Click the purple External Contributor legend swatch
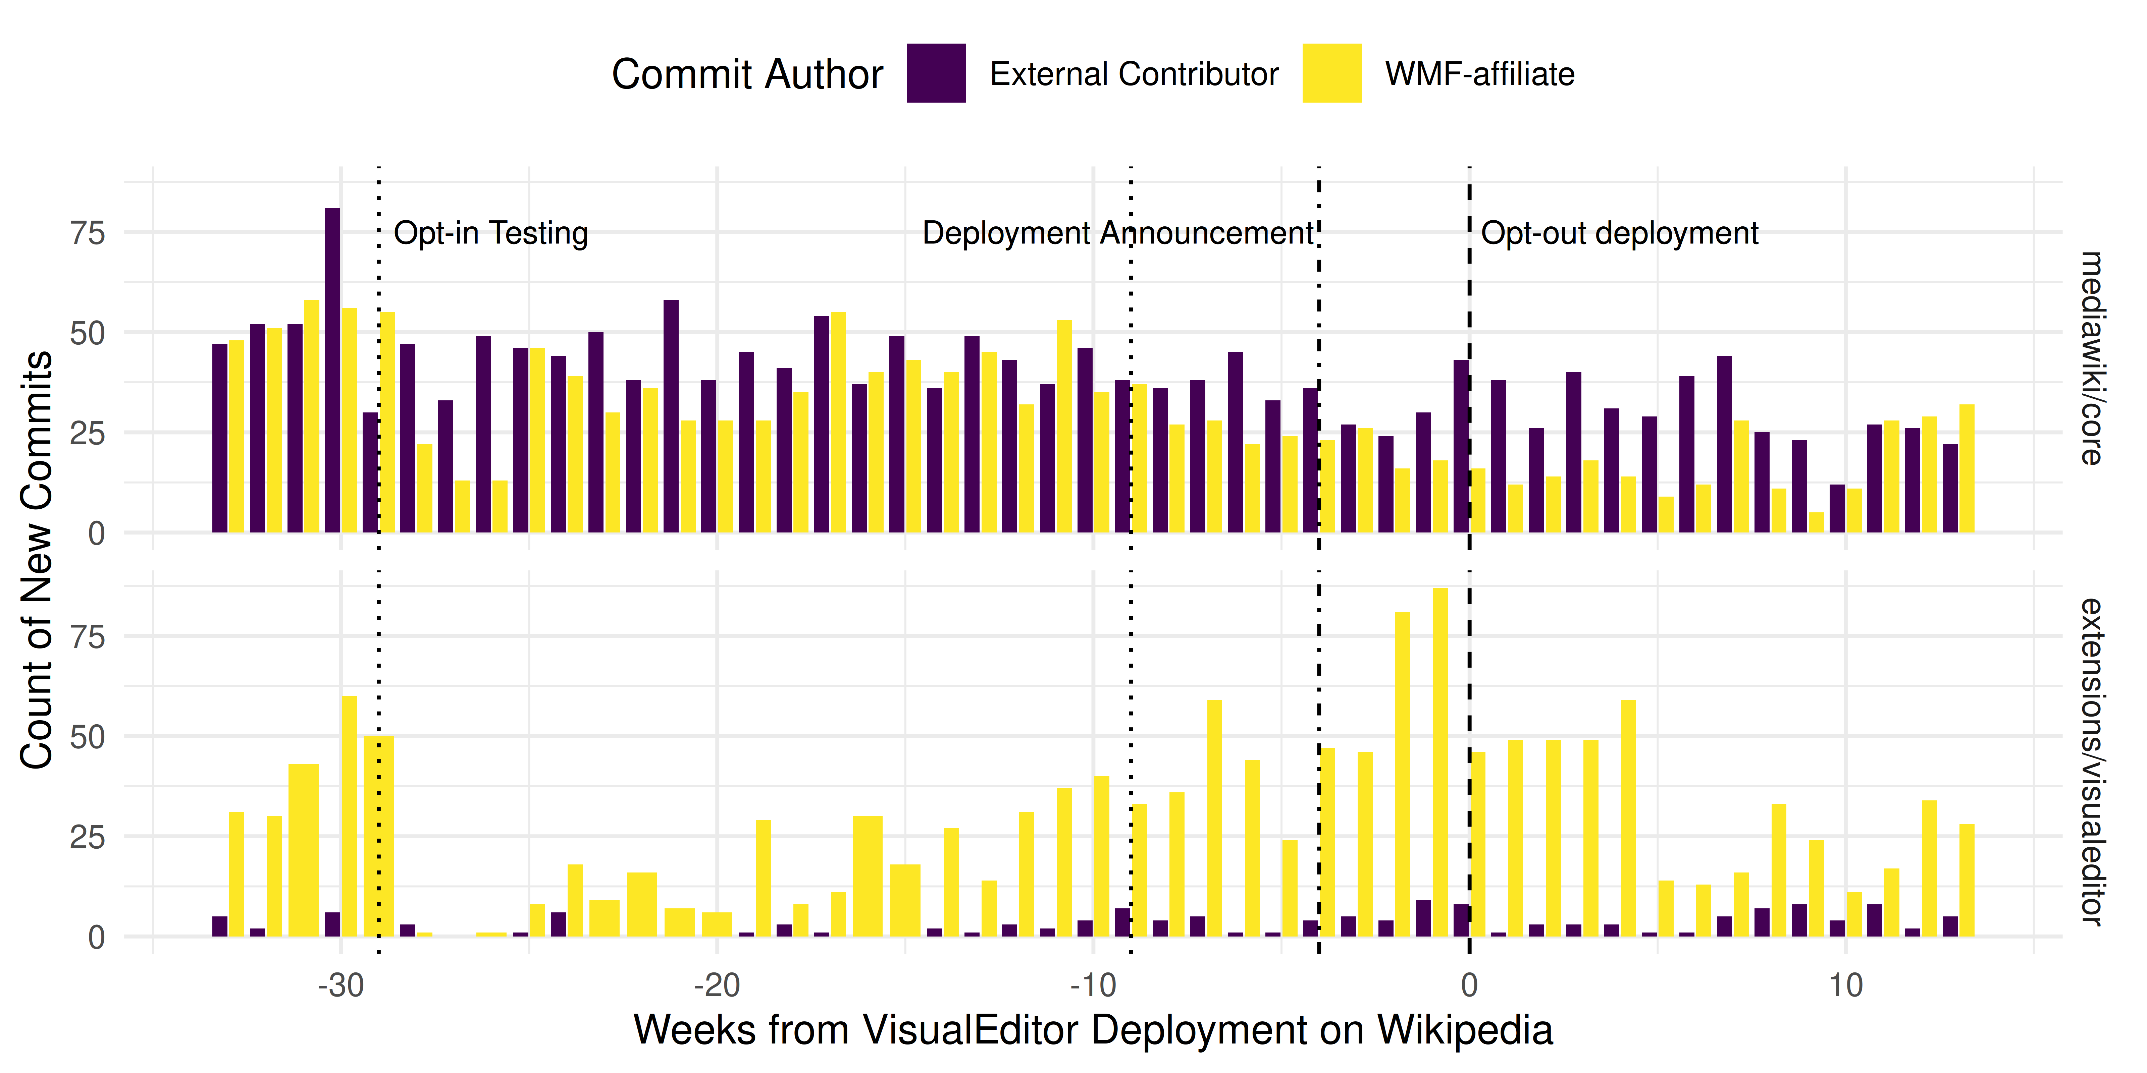(936, 73)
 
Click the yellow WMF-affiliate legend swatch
(1331, 73)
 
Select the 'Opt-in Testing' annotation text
(491, 233)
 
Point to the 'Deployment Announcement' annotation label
(1117, 233)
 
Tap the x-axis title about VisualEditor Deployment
(1093, 1030)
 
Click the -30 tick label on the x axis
(341, 985)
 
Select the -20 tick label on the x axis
(717, 985)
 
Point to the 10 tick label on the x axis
(1845, 985)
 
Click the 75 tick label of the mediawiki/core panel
(88, 233)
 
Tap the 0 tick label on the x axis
(1469, 985)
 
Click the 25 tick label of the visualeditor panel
(88, 837)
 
